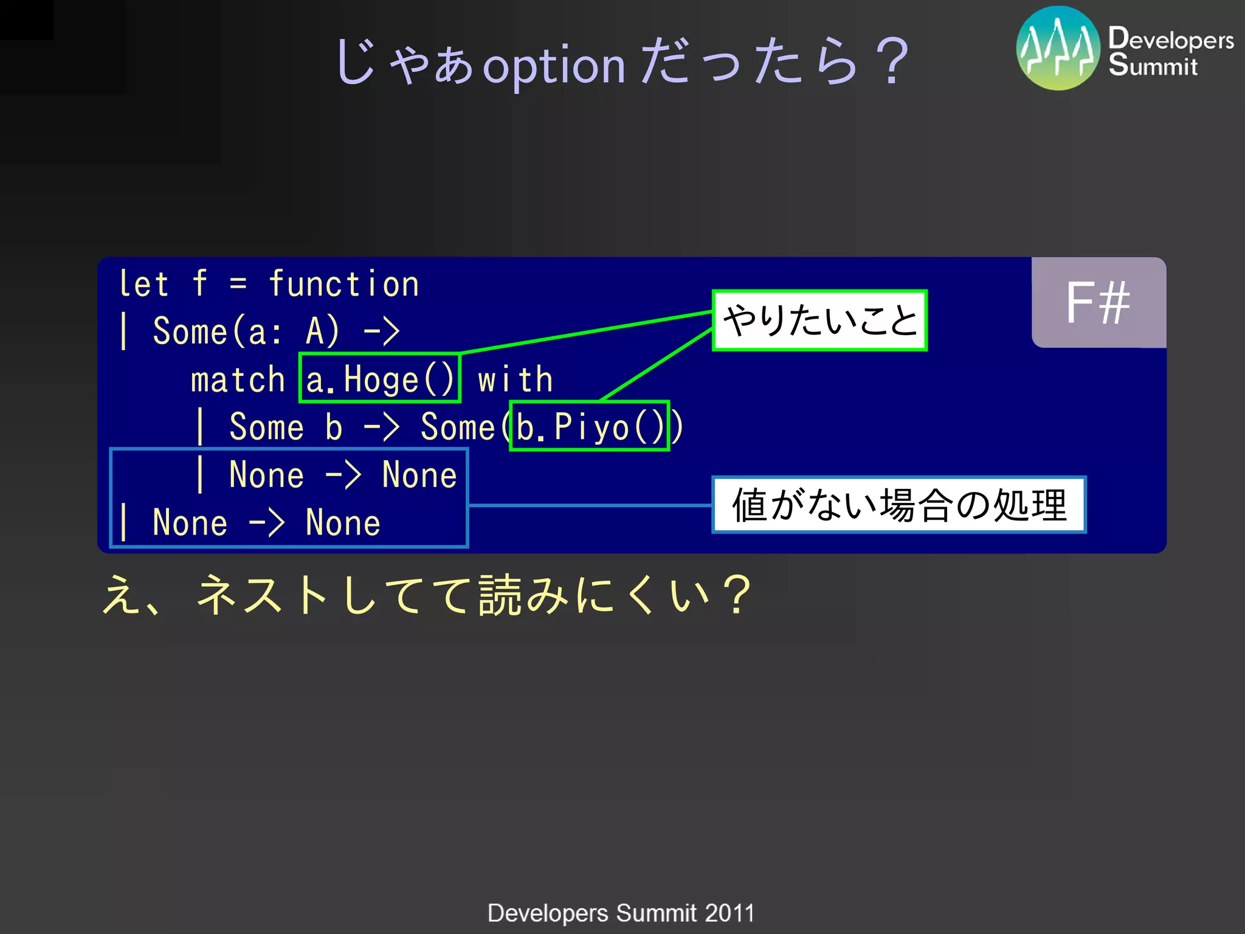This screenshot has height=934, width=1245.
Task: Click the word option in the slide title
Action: pyautogui.click(x=554, y=66)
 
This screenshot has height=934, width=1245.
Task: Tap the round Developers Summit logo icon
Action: pyautogui.click(x=1058, y=48)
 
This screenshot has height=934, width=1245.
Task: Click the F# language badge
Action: pyautogui.click(x=1098, y=302)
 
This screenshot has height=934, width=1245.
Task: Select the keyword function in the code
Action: pyautogui.click(x=343, y=284)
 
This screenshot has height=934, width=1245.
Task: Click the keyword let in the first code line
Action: pyautogui.click(x=143, y=284)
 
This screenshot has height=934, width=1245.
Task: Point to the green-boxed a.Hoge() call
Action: pyautogui.click(x=380, y=378)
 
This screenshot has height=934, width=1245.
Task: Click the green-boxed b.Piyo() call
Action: pyautogui.click(x=590, y=426)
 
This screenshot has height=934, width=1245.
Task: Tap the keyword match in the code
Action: pyautogui.click(x=238, y=379)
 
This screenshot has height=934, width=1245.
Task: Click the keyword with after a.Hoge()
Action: pyautogui.click(x=515, y=379)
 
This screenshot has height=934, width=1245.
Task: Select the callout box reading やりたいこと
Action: pyautogui.click(x=819, y=320)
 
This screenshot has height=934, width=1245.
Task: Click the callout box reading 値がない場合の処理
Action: pyautogui.click(x=898, y=505)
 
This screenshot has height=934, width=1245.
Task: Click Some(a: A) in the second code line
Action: pyautogui.click(x=246, y=331)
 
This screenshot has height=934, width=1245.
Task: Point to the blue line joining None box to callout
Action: pyautogui.click(x=590, y=505)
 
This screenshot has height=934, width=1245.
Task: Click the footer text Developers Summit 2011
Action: pyautogui.click(x=621, y=913)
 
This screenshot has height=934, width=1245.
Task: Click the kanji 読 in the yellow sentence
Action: pyautogui.click(x=500, y=595)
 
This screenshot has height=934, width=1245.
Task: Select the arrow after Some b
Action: pyautogui.click(x=381, y=427)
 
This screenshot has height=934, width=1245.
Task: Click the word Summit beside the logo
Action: pyautogui.click(x=1152, y=66)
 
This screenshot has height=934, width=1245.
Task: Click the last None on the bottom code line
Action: pyautogui.click(x=343, y=522)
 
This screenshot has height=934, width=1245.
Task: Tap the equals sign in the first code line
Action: pyautogui.click(x=238, y=284)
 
